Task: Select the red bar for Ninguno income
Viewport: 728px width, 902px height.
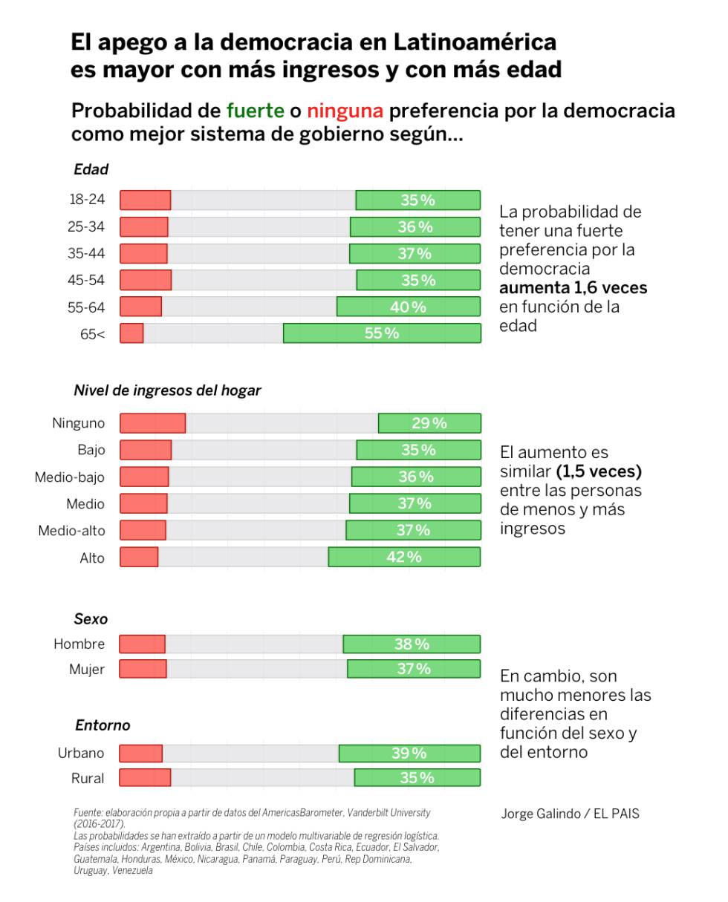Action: click(152, 423)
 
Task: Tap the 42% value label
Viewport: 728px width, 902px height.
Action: click(403, 557)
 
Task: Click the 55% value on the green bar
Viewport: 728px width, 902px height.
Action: click(381, 333)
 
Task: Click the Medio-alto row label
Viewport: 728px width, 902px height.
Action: click(71, 531)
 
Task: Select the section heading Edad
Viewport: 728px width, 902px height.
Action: click(91, 169)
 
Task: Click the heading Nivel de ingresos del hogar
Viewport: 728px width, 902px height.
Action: click(167, 390)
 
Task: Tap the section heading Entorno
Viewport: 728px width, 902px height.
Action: click(103, 725)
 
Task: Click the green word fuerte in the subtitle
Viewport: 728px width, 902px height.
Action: click(255, 111)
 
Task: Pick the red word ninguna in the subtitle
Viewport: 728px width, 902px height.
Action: click(345, 111)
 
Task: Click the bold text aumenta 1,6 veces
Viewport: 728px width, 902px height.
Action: click(573, 288)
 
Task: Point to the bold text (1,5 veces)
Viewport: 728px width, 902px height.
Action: click(599, 472)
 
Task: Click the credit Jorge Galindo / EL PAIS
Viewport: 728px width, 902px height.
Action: click(570, 814)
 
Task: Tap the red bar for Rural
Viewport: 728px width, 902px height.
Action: click(145, 778)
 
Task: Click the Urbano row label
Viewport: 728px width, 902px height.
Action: click(81, 754)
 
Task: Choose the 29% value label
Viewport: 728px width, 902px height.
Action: click(429, 423)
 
